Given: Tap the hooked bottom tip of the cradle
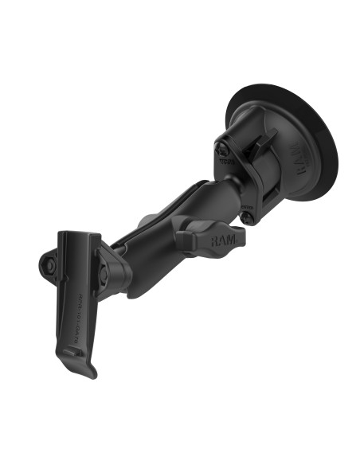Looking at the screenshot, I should pos(90,369).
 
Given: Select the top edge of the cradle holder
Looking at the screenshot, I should pos(77,234).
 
